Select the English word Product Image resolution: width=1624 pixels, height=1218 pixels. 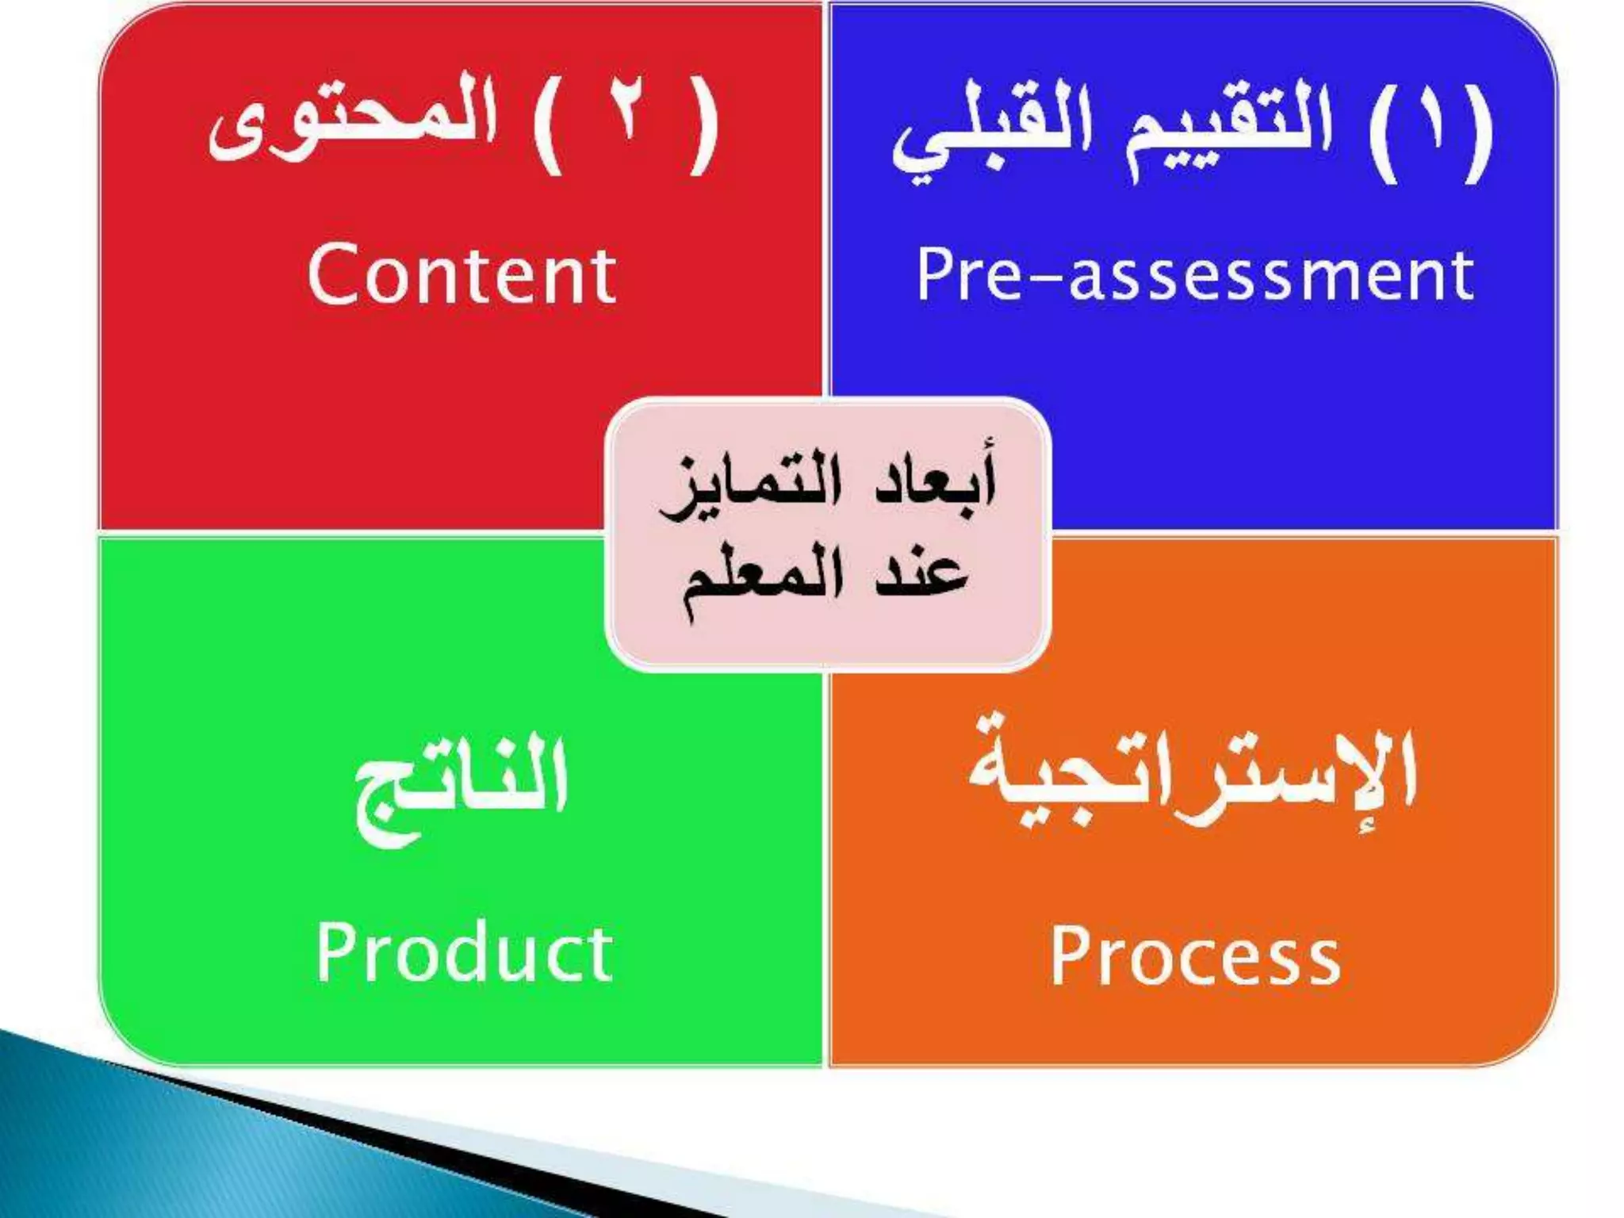(464, 953)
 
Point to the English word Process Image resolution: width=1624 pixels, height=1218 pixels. (1195, 956)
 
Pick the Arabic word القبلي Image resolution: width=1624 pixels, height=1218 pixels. (991, 135)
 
